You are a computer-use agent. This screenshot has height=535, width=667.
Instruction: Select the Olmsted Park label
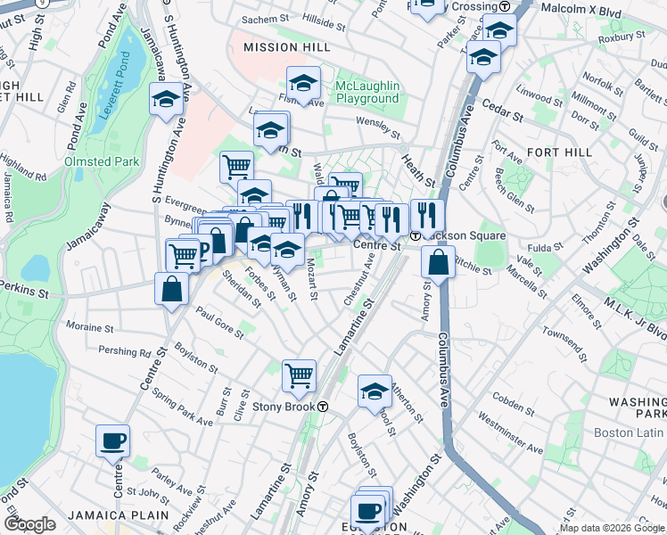click(x=102, y=161)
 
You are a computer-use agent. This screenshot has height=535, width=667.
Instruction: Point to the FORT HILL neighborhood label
click(x=559, y=152)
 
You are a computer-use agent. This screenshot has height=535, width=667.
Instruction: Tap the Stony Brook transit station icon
click(x=323, y=407)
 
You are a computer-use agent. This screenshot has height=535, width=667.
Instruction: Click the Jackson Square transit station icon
click(x=416, y=236)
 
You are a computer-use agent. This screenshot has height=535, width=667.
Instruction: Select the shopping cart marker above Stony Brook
click(x=299, y=374)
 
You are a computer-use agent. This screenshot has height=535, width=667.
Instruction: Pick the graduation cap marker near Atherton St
click(x=375, y=390)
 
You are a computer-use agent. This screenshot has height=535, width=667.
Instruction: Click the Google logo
click(x=29, y=524)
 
